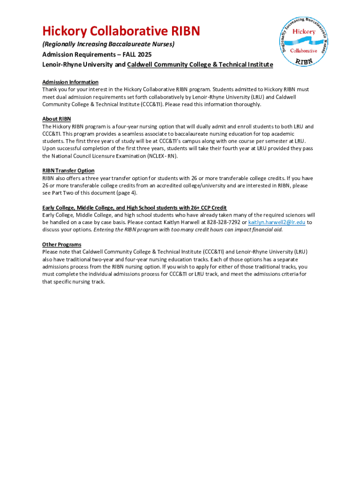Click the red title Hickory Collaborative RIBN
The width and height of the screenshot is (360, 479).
coord(121,31)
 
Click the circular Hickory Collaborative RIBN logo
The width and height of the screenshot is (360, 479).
coord(303,41)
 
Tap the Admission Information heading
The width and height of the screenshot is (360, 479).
coord(70,82)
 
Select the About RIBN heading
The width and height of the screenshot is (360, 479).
coord(57,119)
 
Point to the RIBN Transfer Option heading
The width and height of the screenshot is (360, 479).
coord(68,171)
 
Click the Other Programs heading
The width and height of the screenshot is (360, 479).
coord(62,245)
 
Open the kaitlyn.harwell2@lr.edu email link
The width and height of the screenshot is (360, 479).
coord(276,223)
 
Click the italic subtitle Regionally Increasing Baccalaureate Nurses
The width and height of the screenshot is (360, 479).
coord(108,44)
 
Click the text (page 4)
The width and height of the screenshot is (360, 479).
coord(126,193)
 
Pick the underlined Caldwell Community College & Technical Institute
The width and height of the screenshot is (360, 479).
coord(200,65)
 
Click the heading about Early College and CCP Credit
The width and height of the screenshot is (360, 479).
coord(134,208)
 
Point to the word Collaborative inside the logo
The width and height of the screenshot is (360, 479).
coord(303,51)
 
